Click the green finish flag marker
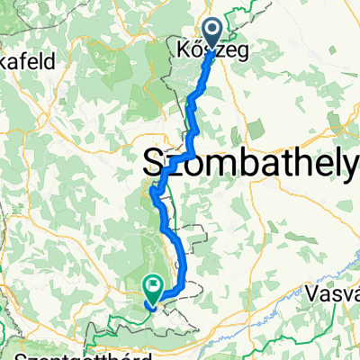tap(151, 289)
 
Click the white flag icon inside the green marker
tap(151, 287)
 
